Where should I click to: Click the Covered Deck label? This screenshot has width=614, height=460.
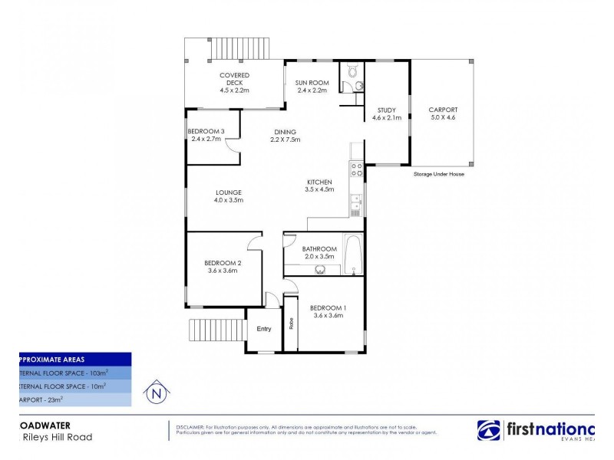[235, 75]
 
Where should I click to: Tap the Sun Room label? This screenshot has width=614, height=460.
[312, 82]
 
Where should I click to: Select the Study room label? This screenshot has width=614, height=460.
[387, 110]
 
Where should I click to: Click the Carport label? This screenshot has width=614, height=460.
[442, 110]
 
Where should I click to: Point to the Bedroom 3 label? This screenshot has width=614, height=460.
[205, 131]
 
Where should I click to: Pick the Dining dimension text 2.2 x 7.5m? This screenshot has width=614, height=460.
[284, 140]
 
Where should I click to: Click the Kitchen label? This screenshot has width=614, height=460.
[319, 182]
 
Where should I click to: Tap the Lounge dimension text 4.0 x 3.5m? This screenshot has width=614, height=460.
[228, 200]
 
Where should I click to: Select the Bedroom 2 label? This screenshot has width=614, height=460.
[222, 262]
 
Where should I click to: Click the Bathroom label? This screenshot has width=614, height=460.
[319, 248]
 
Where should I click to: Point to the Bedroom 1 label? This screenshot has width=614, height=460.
[327, 307]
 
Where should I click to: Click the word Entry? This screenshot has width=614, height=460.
[264, 329]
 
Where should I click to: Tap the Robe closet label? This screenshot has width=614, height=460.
[291, 324]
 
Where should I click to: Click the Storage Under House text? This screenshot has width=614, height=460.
[438, 174]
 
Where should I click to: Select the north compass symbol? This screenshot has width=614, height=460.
[157, 393]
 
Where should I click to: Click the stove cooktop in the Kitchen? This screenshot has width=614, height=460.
[357, 169]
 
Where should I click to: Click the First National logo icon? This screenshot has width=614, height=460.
[489, 432]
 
